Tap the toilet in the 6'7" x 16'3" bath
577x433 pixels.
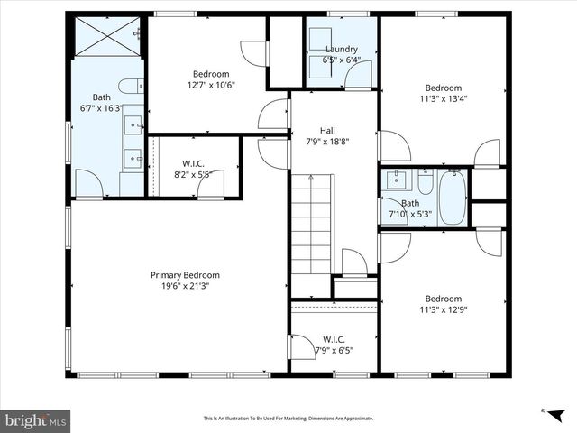click(130, 88)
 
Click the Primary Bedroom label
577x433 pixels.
click(184, 275)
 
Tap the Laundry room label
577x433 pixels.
click(341, 50)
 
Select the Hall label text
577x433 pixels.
click(327, 130)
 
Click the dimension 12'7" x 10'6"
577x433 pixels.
click(211, 85)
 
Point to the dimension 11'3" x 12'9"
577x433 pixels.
click(443, 309)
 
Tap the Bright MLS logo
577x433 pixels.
click(36, 420)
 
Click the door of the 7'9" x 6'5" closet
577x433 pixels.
click(300, 347)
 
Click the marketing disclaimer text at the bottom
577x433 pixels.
click(288, 419)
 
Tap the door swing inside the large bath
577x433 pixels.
click(88, 184)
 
